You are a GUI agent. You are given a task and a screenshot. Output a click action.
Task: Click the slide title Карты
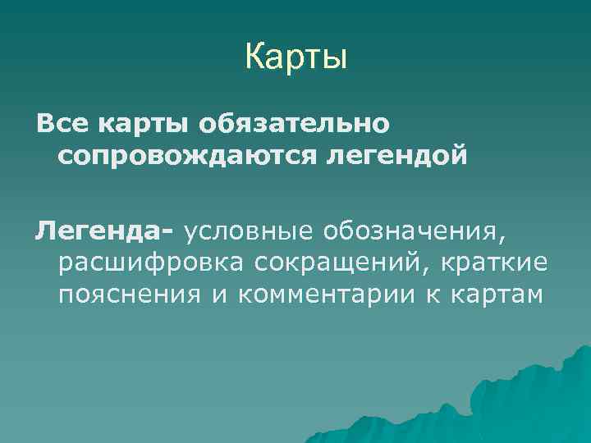[x=295, y=58]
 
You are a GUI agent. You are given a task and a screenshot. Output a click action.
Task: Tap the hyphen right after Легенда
[x=168, y=234]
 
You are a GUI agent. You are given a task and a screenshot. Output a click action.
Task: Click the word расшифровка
[x=150, y=264]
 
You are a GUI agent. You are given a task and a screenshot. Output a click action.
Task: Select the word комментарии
[x=328, y=294]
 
